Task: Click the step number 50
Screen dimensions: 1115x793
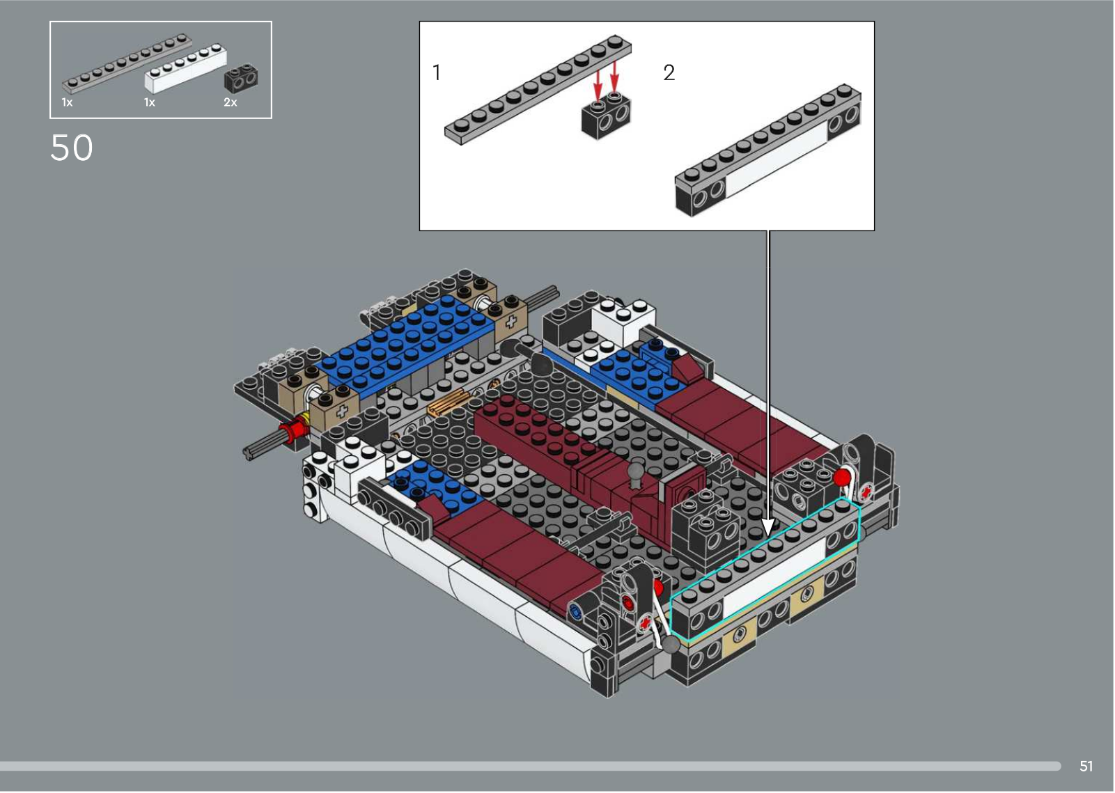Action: click(x=72, y=148)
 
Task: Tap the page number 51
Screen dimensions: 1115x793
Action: click(x=1086, y=766)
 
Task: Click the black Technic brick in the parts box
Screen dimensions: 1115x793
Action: click(x=241, y=78)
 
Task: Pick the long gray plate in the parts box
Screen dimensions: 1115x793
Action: click(x=127, y=63)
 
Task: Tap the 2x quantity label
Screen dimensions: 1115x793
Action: click(x=231, y=102)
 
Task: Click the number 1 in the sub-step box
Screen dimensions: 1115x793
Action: click(x=437, y=72)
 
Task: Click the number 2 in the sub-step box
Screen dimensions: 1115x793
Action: click(x=669, y=72)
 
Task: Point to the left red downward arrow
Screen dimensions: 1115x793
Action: click(x=598, y=86)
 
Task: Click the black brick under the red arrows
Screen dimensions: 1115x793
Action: click(x=607, y=116)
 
